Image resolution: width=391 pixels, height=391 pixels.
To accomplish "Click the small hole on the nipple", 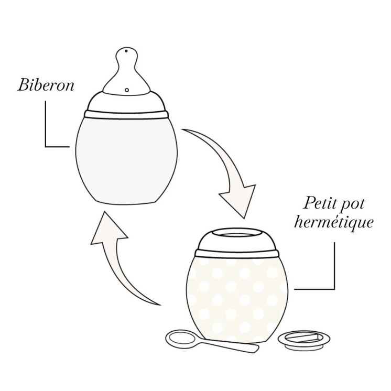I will pyautogui.click(x=127, y=90).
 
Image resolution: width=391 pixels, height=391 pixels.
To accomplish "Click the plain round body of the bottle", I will pyautogui.click(x=126, y=157).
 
